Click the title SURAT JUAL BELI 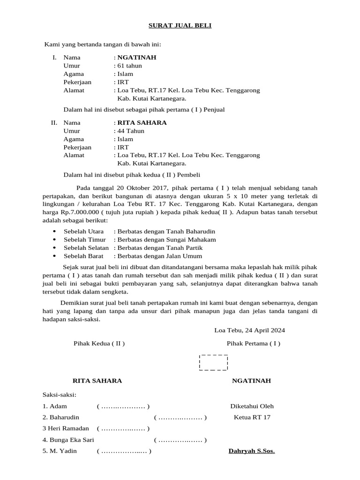coord(180,25)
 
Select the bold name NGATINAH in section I coord(136,58)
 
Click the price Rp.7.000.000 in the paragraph coord(80,212)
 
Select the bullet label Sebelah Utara coord(83,232)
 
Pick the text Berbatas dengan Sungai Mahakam coord(166,240)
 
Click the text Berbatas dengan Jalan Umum coord(160,256)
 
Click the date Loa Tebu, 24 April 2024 coord(249,330)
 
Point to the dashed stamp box coord(214,362)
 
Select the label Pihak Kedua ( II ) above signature coord(99,343)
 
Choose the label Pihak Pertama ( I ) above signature coord(253,343)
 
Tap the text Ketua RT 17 coord(252,417)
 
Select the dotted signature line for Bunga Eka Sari coord(180,440)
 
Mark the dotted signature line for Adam coord(123,406)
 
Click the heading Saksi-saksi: coord(59,395)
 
